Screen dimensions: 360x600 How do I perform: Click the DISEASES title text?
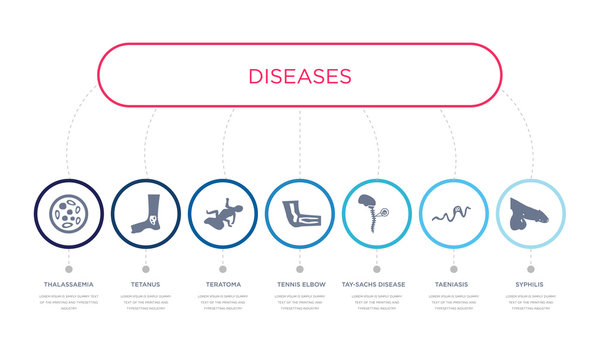300,76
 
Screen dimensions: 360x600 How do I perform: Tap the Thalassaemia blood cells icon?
68,213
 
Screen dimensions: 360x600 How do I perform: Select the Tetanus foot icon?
145,213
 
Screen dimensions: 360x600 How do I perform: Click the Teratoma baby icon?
222,213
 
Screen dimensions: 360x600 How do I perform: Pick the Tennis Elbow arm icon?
300,213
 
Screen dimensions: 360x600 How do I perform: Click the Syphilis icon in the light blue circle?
530,213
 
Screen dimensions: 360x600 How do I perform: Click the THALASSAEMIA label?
68,285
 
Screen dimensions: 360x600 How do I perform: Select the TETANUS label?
145,285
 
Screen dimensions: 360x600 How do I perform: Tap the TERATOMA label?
222,285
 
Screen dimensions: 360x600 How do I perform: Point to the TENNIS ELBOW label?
300,285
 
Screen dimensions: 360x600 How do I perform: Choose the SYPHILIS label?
531,285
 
